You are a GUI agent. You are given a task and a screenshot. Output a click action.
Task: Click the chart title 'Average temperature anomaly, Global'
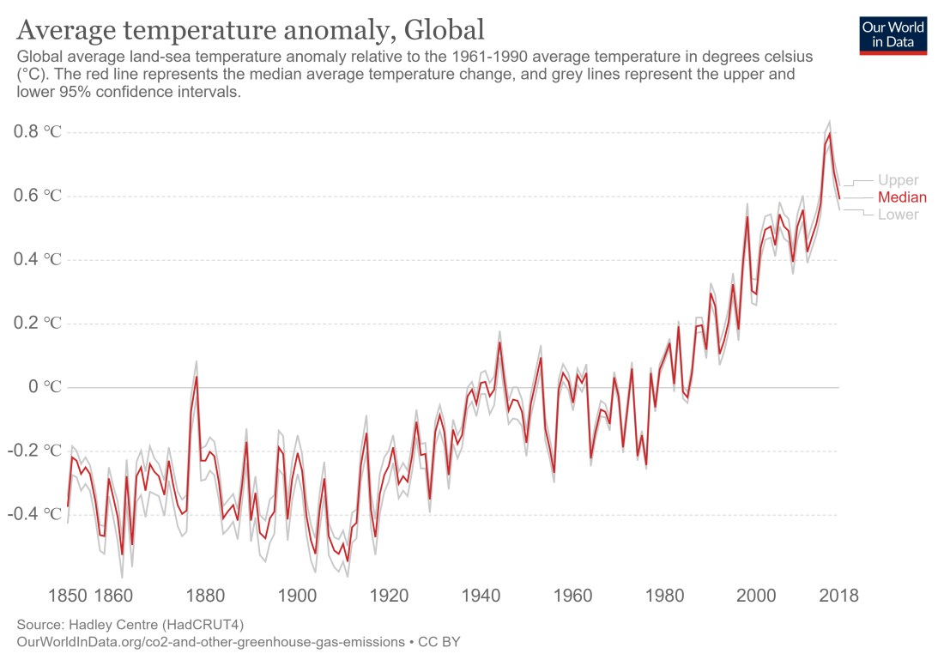pos(251,30)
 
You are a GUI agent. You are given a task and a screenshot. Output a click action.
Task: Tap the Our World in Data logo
pos(893,34)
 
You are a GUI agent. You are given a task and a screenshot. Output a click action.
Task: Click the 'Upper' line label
pos(898,180)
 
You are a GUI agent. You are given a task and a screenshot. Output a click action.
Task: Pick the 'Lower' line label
pos(898,215)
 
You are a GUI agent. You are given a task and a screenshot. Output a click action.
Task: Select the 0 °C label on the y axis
pos(45,387)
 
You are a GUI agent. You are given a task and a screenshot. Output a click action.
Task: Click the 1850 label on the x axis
pos(69,596)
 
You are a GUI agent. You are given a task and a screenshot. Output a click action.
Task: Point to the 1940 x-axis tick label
pos(481,596)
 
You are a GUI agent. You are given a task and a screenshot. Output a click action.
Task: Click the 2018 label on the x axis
pos(838,596)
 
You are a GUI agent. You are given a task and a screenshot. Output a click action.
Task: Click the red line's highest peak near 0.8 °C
pos(829,134)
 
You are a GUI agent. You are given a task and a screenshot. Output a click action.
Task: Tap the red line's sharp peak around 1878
pos(197,377)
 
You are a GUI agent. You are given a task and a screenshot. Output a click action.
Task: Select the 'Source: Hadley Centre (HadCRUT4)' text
pos(136,624)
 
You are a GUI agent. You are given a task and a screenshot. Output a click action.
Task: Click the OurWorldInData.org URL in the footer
pos(210,641)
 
